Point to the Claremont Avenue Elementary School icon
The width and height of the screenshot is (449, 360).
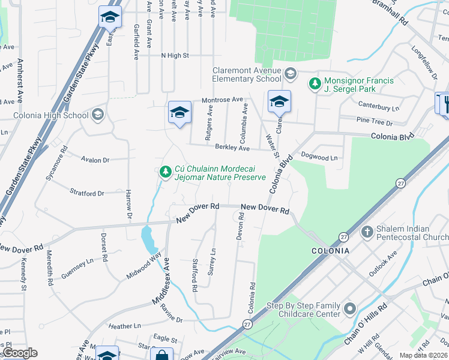click(x=290, y=74)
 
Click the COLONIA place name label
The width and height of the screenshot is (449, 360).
click(x=330, y=251)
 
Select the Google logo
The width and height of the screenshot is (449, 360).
click(x=19, y=353)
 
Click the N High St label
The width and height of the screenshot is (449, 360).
click(x=175, y=55)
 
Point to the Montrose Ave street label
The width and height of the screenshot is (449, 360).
click(x=222, y=99)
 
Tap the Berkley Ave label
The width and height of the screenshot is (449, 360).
click(x=232, y=148)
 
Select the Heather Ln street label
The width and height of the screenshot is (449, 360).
click(x=124, y=326)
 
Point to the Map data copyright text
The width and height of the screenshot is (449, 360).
click(x=423, y=355)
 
